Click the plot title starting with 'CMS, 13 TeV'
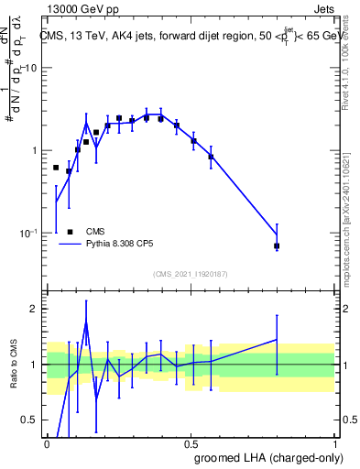tap(188, 36)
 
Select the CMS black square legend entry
tap(71, 232)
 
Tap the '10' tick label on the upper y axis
tap(31, 69)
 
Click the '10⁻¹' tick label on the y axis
tap(29, 233)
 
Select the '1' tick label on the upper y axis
tap(35, 150)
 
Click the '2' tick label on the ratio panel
tap(34, 310)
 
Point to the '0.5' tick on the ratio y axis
tap(29, 420)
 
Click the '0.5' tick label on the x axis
tap(191, 443)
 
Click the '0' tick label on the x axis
tap(47, 443)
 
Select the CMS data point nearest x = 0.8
tap(276, 246)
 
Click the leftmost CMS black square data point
tap(56, 168)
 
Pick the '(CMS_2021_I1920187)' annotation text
tap(191, 273)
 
